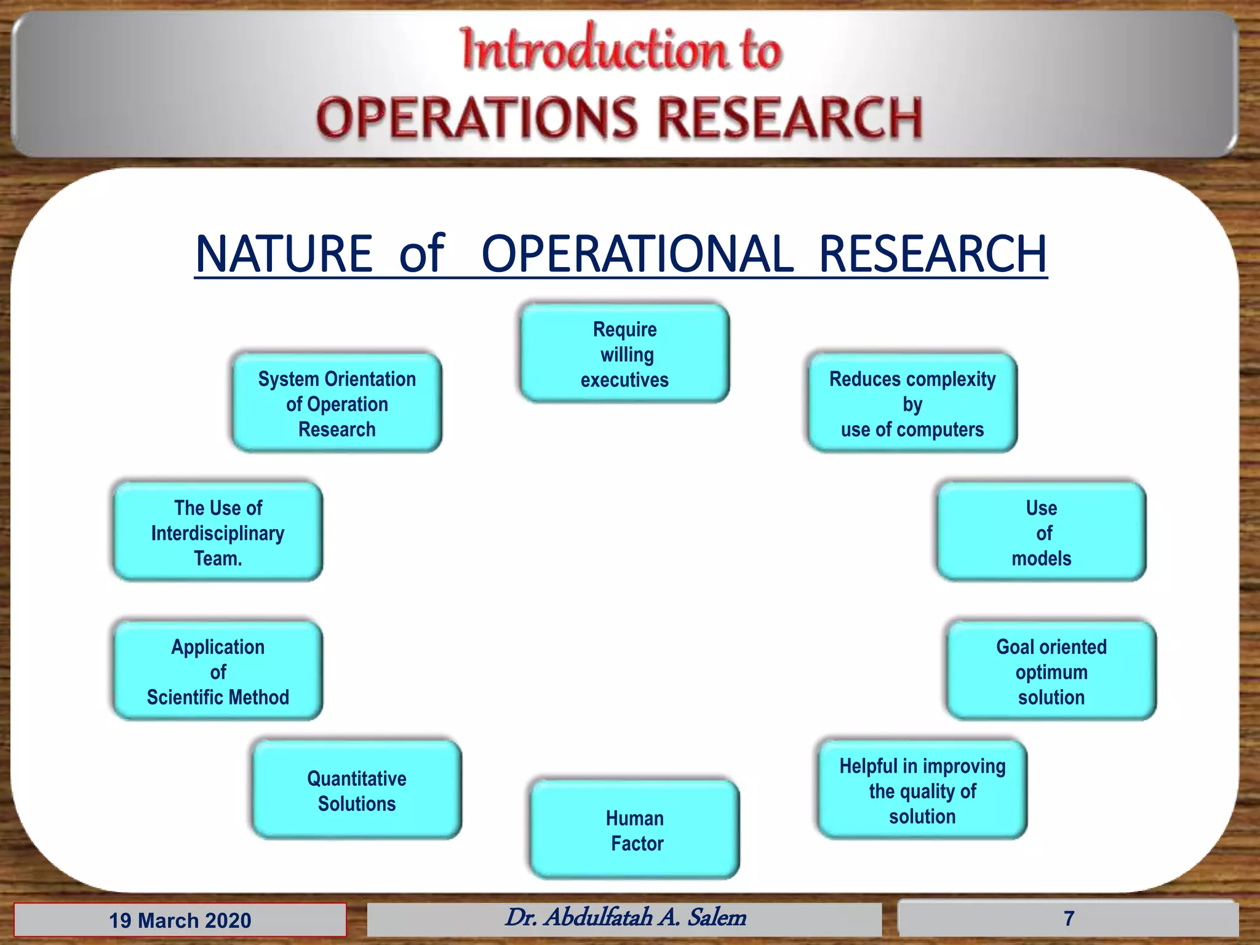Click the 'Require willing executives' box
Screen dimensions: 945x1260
(x=624, y=354)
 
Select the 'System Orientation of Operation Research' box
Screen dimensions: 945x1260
(x=337, y=404)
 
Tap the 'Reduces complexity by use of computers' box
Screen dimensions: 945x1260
(x=912, y=404)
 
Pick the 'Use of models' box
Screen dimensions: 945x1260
(x=1041, y=532)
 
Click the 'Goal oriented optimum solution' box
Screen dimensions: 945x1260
(x=1051, y=671)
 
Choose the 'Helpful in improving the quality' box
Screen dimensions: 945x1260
(x=922, y=791)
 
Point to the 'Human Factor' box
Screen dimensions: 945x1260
(x=635, y=830)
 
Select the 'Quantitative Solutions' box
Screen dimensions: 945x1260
(x=356, y=791)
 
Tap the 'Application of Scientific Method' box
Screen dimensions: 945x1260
(x=218, y=671)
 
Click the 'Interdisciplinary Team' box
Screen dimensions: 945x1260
(x=218, y=532)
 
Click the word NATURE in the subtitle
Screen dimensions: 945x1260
(x=284, y=253)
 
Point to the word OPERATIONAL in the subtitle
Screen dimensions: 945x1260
(x=637, y=253)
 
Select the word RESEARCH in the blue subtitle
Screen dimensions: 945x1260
(x=932, y=253)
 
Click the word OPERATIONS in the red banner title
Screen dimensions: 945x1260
(x=477, y=118)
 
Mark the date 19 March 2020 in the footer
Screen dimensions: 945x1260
(x=180, y=920)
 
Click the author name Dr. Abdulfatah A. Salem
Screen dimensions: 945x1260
(x=624, y=917)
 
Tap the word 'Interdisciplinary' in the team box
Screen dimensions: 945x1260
(x=218, y=533)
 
